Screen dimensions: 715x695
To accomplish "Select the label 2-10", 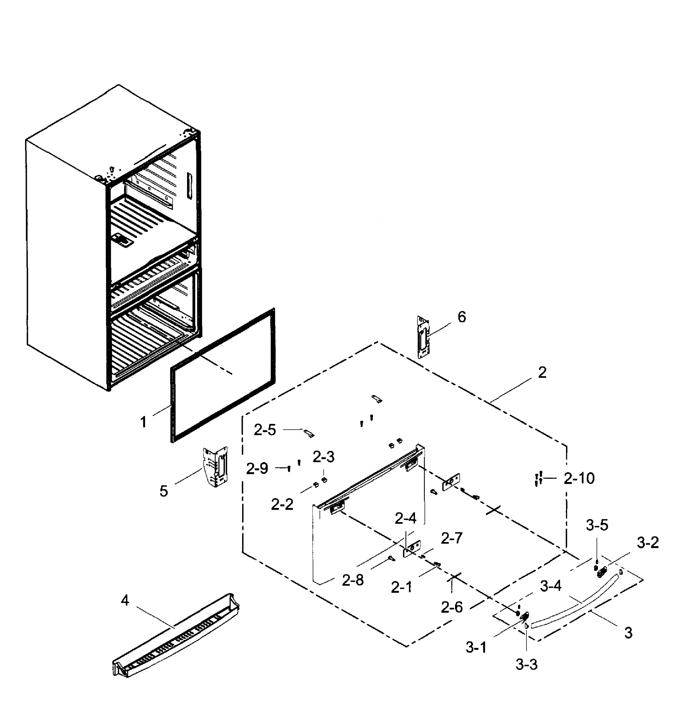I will [579, 478].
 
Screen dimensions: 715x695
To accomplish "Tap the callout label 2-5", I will [265, 430].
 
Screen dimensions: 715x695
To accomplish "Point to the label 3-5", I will [597, 526].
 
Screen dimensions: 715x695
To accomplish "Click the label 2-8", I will [353, 580].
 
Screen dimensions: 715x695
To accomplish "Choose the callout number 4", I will [125, 600].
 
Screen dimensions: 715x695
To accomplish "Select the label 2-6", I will [451, 607].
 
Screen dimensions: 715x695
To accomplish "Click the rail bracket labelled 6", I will [423, 337].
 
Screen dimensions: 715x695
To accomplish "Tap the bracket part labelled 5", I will [215, 467].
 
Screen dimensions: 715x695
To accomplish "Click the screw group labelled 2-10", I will [538, 479].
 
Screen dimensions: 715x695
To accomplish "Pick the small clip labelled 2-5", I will [309, 433].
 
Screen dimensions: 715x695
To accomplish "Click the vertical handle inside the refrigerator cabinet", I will [189, 186].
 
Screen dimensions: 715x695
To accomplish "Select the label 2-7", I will [451, 538].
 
